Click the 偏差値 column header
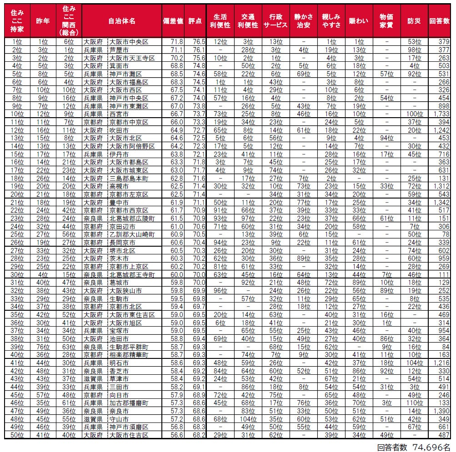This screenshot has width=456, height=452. (173, 21)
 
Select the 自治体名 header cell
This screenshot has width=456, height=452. (122, 21)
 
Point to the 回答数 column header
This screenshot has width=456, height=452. (440, 21)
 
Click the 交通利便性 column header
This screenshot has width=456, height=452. (248, 21)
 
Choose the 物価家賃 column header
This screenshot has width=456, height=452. (386, 21)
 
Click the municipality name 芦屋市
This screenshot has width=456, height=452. (119, 50)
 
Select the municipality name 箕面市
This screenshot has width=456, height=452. (119, 65)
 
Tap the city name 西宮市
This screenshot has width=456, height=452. (119, 113)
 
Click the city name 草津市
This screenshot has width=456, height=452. (119, 378)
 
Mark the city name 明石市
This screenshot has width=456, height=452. (119, 363)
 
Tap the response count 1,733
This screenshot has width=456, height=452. (441, 113)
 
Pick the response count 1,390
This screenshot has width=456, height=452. (441, 410)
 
